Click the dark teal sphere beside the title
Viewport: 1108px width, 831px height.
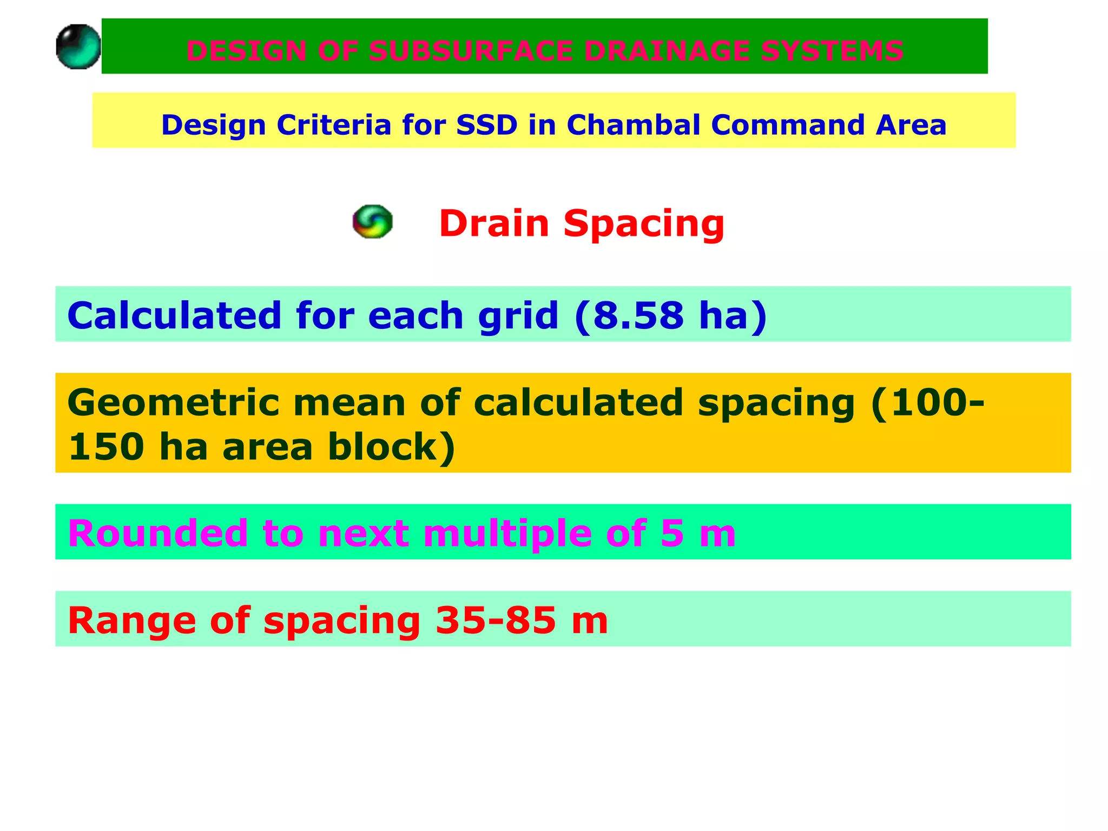78,47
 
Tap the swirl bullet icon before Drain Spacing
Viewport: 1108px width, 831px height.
372,221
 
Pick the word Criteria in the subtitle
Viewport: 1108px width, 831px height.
334,125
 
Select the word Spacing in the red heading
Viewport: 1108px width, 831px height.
643,224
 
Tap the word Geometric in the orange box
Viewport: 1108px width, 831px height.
173,403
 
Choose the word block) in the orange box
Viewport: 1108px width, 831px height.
392,447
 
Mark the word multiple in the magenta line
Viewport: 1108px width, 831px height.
507,533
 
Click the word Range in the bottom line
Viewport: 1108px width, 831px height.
131,620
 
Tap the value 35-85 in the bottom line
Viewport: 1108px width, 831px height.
496,620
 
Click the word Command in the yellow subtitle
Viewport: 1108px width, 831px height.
787,125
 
